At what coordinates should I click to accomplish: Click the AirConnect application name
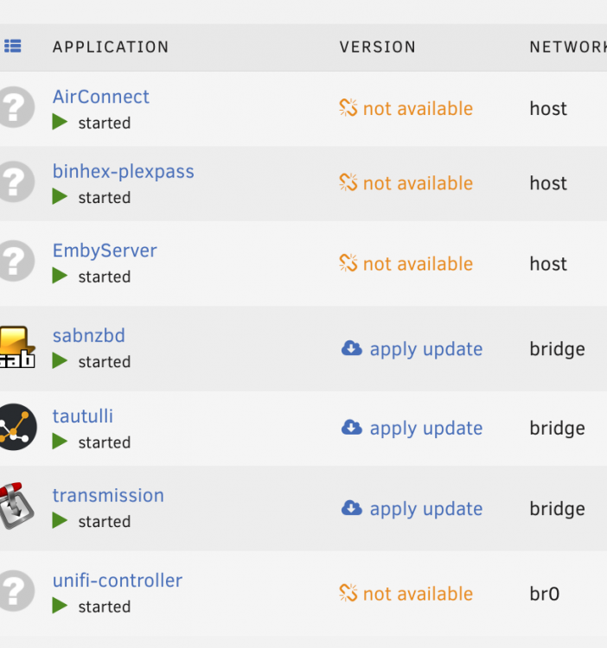100,97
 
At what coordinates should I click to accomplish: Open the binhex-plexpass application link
124,172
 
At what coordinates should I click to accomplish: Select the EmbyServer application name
105,251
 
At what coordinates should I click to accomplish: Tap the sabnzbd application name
88,335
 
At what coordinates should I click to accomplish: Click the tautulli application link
83,416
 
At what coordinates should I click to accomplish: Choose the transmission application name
108,496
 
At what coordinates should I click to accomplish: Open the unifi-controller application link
118,581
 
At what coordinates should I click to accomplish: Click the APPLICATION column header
111,48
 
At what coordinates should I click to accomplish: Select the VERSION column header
378,48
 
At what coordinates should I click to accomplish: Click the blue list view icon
13,46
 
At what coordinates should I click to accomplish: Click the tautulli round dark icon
17,427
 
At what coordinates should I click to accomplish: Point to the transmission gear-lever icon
16,505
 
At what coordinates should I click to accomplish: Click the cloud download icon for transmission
352,508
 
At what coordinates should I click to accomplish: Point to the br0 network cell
545,594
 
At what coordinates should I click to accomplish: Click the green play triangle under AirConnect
60,122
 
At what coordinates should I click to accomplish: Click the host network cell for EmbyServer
548,264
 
